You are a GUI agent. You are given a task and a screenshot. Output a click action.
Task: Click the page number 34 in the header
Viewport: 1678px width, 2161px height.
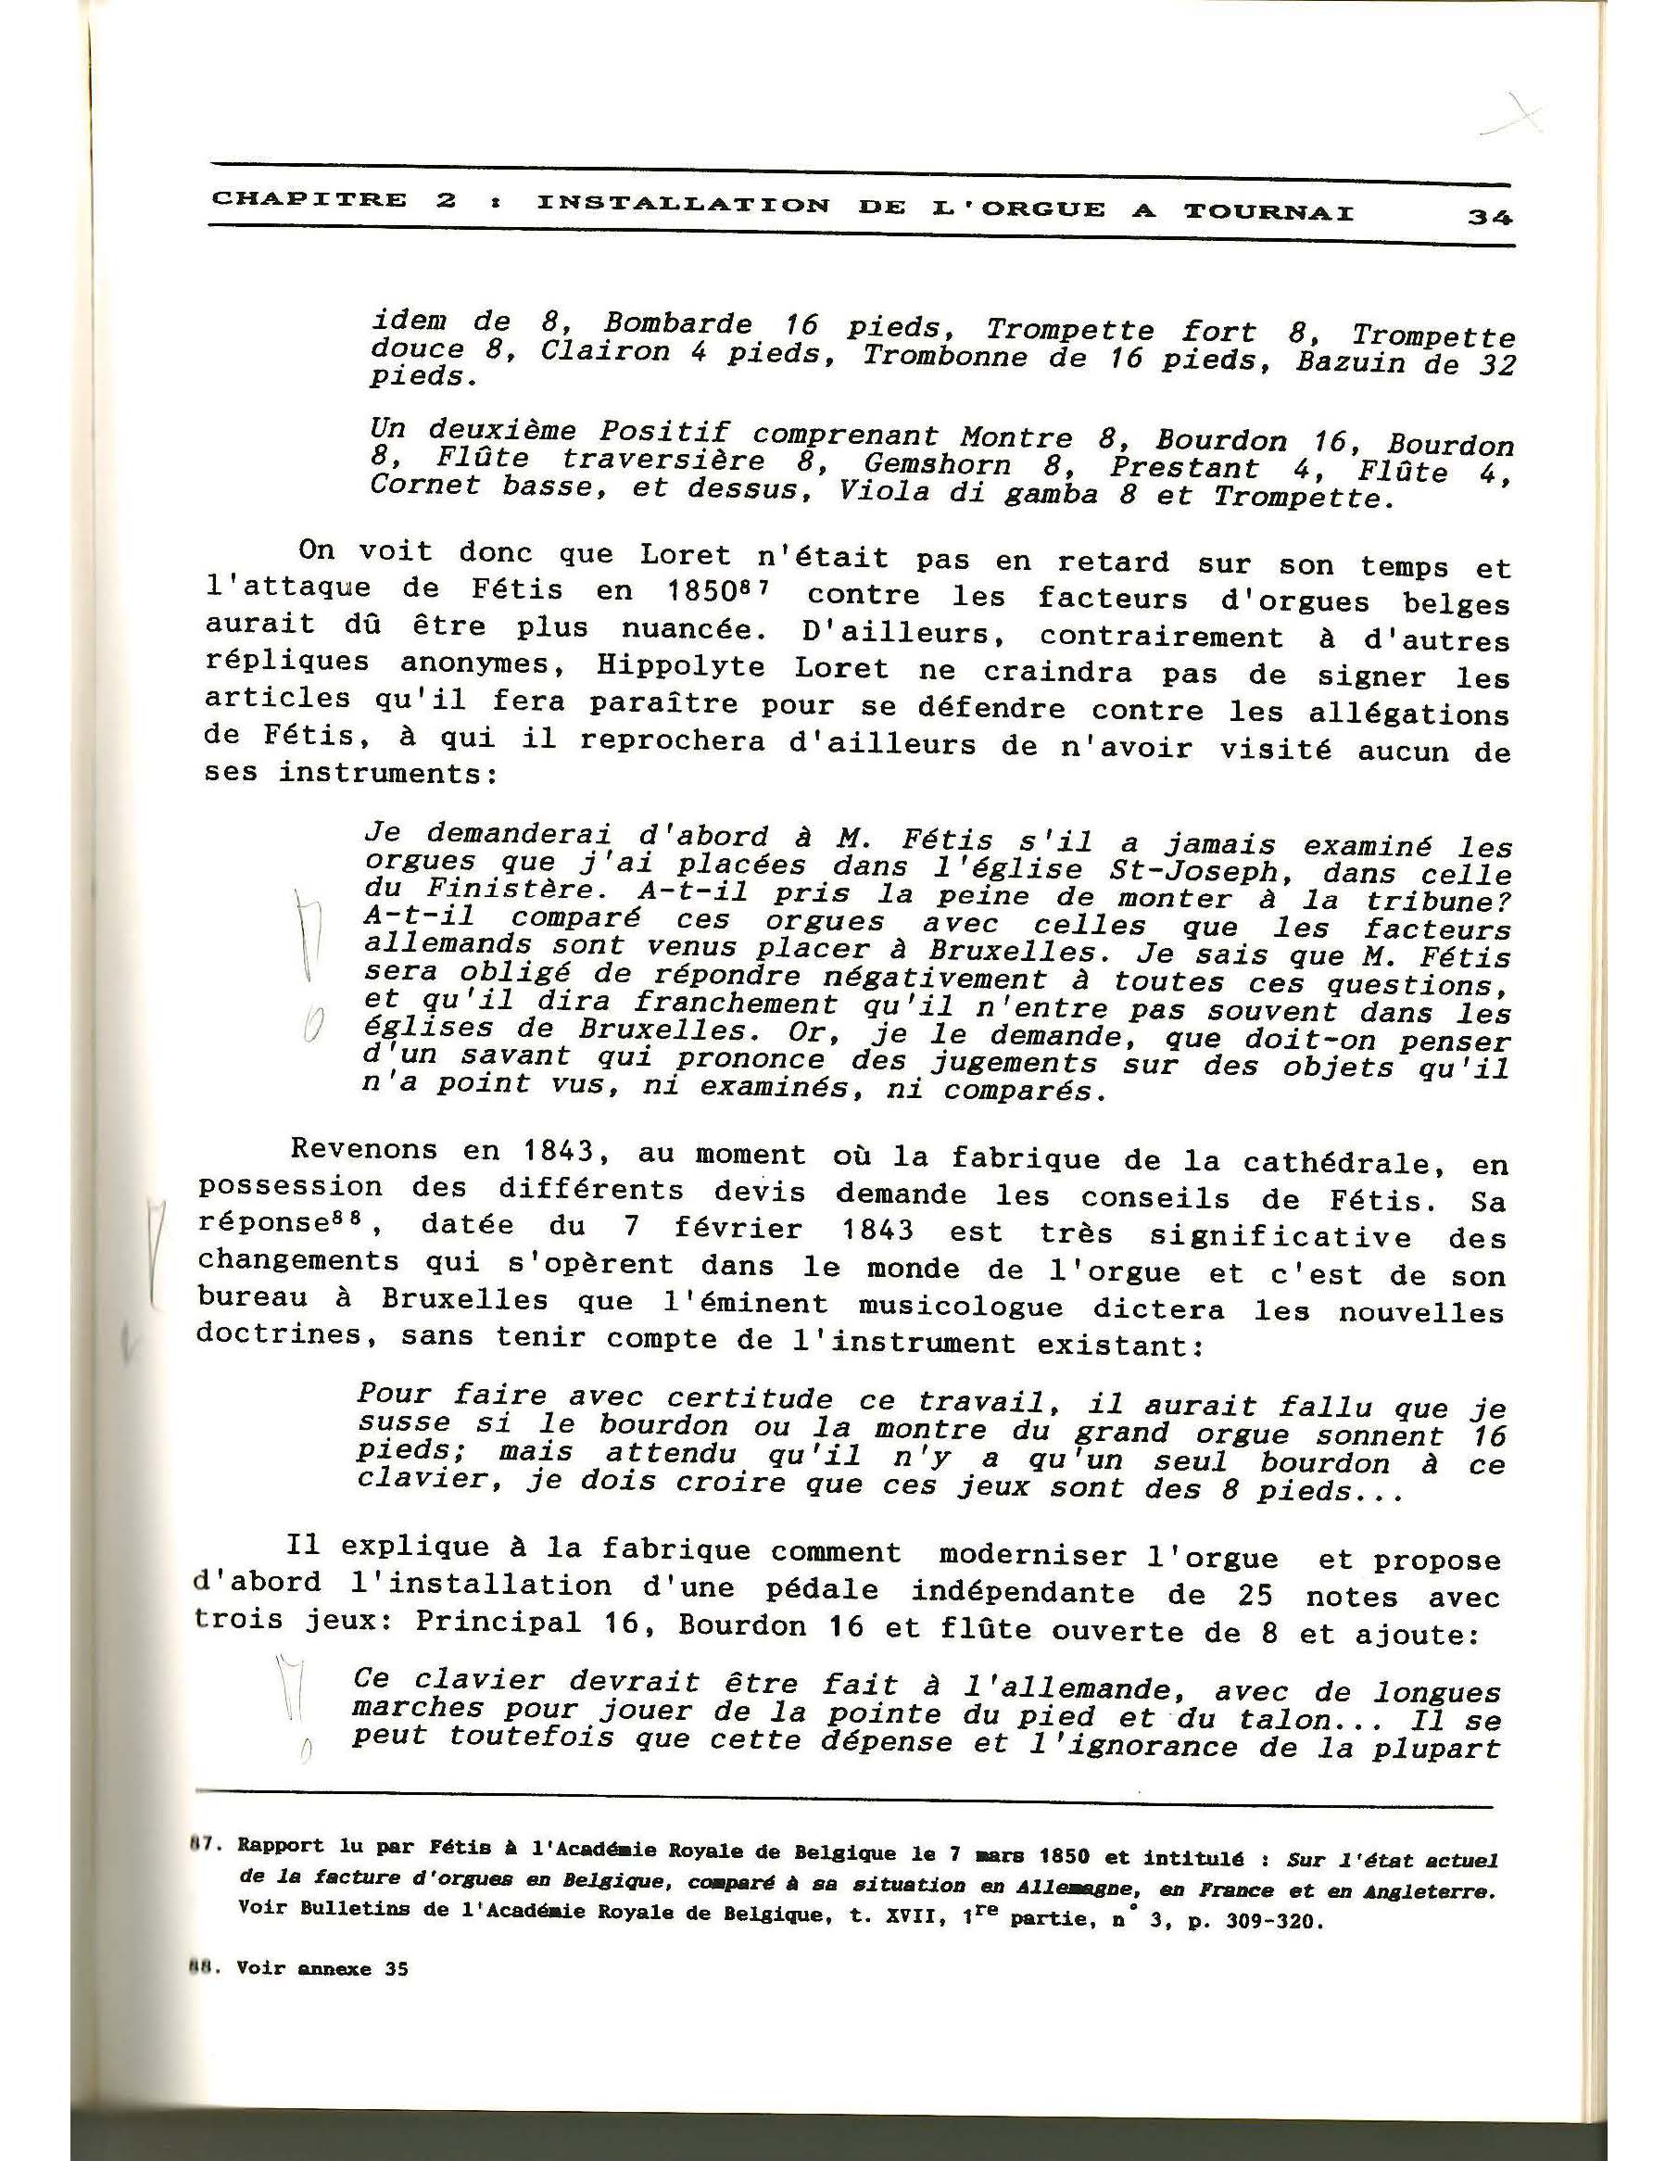point(1488,217)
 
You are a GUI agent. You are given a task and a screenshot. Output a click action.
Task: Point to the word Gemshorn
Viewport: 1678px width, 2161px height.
point(937,464)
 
